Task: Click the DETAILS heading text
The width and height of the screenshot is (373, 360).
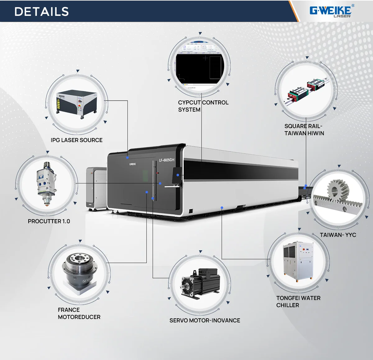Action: [x=42, y=12]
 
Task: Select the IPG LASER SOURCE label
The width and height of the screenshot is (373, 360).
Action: [x=76, y=140]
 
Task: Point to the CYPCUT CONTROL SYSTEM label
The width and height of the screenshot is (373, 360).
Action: [x=203, y=106]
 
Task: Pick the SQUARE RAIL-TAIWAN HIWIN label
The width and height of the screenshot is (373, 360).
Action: [x=304, y=130]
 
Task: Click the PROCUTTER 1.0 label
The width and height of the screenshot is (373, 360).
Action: [x=49, y=221]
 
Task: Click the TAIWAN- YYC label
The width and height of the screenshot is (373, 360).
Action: [x=338, y=235]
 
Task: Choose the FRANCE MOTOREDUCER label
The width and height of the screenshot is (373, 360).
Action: [x=79, y=313]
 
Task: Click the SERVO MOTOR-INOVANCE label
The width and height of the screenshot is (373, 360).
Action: [x=205, y=321]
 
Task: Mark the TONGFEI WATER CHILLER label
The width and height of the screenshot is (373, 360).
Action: [x=298, y=302]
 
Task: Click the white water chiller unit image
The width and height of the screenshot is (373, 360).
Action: [x=298, y=261]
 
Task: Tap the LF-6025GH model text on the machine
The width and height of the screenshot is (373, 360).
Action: [x=167, y=160]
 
